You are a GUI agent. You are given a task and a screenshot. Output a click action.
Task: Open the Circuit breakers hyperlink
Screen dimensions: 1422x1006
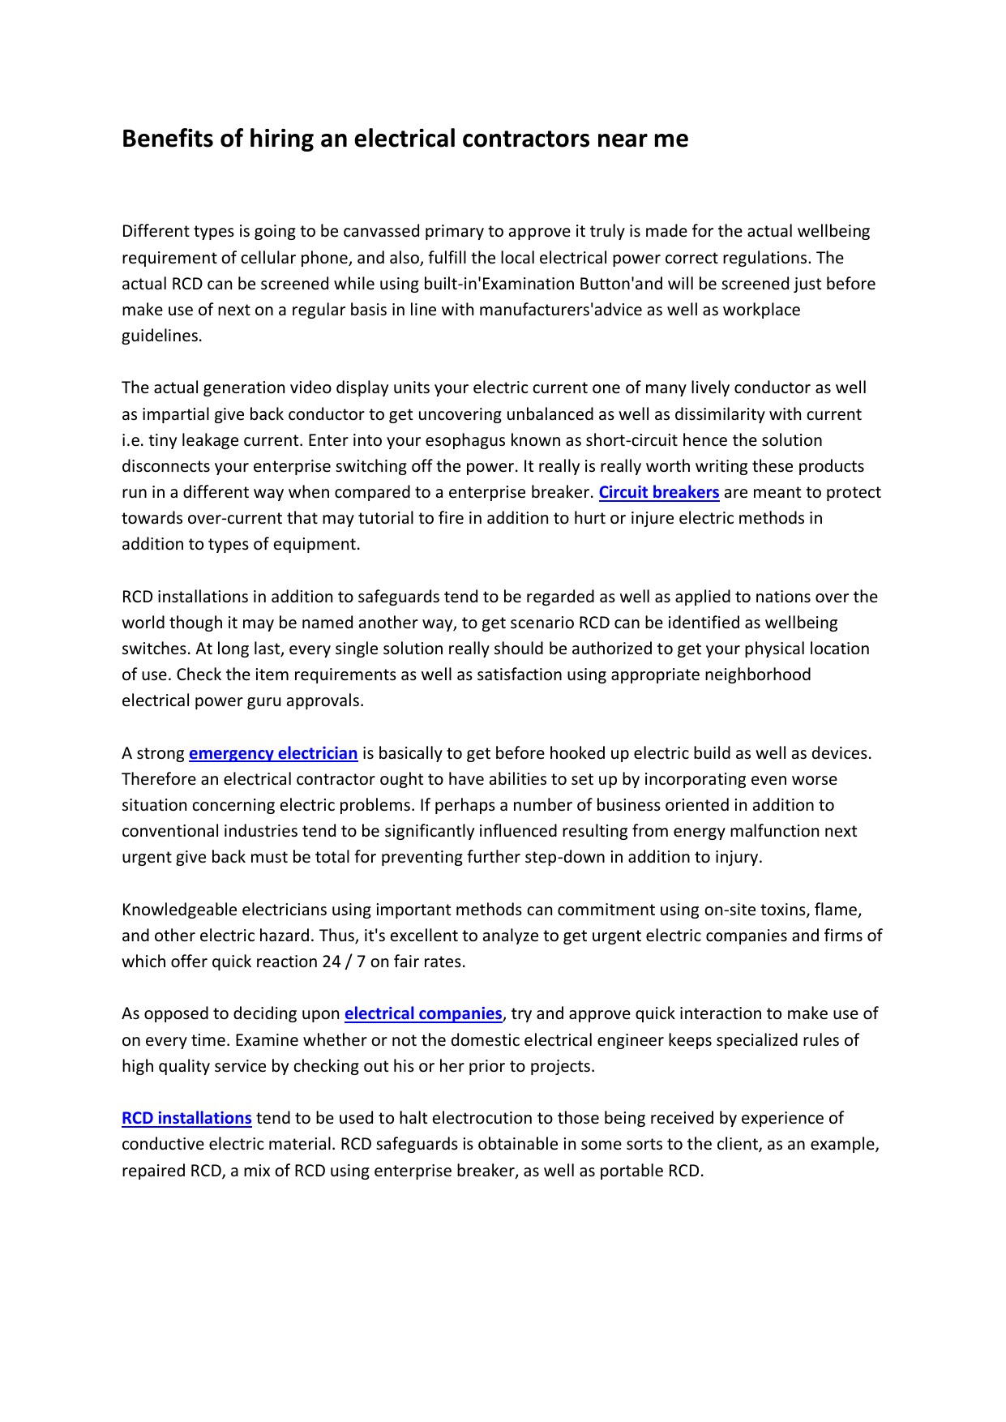pyautogui.click(x=659, y=492)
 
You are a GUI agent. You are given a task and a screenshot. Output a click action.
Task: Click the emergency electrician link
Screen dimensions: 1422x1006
pyautogui.click(x=273, y=753)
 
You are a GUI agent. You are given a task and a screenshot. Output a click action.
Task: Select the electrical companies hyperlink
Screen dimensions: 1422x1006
pyautogui.click(x=423, y=1013)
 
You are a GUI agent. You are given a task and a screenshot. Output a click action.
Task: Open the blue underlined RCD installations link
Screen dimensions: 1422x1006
pyautogui.click(x=186, y=1118)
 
